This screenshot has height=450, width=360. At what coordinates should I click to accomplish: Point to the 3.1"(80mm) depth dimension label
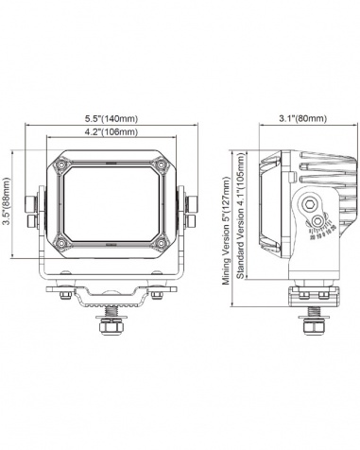pos(303,118)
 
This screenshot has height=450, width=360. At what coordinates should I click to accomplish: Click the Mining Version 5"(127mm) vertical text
pos(227,232)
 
